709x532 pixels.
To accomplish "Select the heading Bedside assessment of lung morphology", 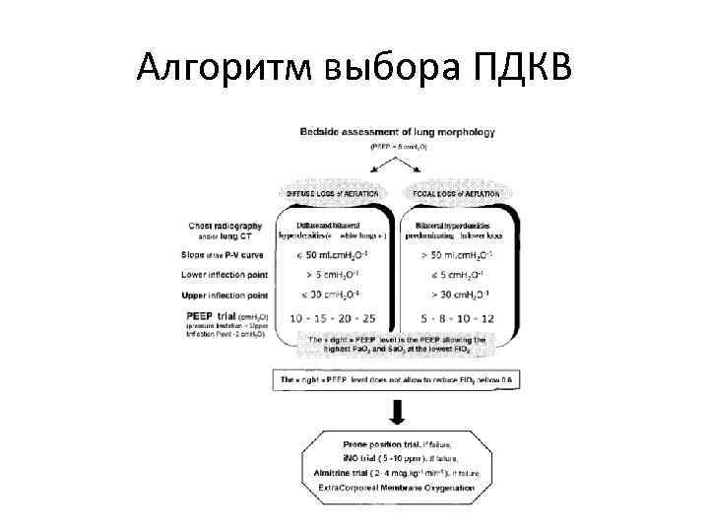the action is (x=398, y=131).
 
